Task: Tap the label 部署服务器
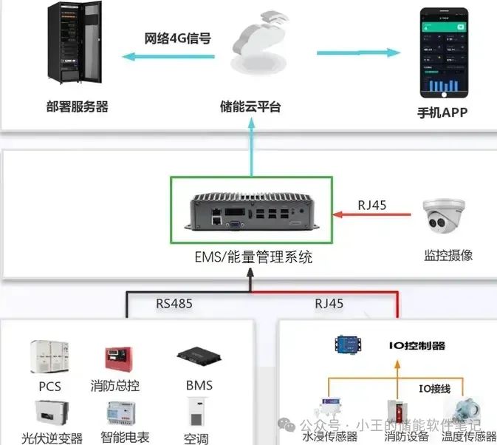[77, 106]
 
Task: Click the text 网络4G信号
[177, 38]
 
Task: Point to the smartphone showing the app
[445, 52]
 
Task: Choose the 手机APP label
[442, 113]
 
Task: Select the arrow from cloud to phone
[358, 53]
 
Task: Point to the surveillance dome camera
[447, 214]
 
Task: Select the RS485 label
[174, 303]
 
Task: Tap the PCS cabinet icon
[49, 359]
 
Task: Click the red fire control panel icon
[116, 359]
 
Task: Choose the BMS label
[199, 385]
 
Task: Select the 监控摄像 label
[448, 256]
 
